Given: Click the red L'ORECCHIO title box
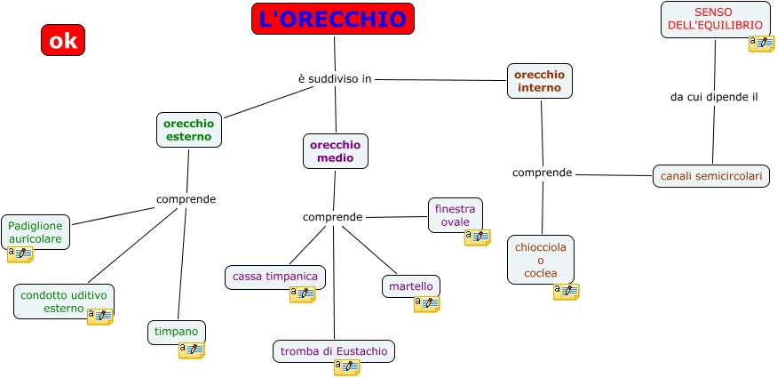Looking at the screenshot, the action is click(333, 19).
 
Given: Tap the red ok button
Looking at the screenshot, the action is click(62, 40).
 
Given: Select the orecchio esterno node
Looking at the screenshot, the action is click(188, 130).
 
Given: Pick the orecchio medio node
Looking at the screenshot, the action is click(335, 151).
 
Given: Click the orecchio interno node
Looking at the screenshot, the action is click(539, 81).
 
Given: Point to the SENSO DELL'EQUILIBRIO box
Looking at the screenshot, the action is click(714, 19).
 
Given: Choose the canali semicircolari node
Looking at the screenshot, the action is click(710, 176).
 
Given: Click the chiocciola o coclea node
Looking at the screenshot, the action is click(540, 259).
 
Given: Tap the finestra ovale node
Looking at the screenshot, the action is click(455, 214).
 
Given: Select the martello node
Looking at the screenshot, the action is click(410, 286).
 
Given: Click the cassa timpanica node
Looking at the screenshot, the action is click(274, 277).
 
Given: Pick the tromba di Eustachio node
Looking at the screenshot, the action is click(333, 351).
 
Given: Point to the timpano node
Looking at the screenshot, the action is click(176, 332).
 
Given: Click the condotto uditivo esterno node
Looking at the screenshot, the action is click(63, 301).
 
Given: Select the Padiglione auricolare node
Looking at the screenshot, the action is click(35, 232).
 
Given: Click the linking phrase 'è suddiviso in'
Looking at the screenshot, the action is click(334, 79).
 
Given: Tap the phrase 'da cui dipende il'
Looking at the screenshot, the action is click(713, 97).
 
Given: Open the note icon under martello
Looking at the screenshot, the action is click(426, 304).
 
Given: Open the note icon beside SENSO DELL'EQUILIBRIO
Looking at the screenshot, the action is click(761, 44).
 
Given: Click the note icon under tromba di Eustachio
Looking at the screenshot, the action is click(346, 368).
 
